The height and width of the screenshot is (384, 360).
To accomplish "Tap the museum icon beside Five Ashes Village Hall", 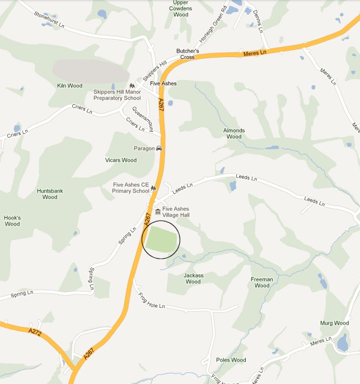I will tap(158, 212).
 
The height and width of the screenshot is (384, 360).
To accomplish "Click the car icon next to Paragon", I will tap(159, 148).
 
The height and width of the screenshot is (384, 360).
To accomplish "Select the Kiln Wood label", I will tap(69, 86).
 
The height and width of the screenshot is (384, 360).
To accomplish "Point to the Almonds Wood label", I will tap(234, 133).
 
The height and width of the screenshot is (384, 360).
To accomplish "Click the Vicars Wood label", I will tap(121, 160).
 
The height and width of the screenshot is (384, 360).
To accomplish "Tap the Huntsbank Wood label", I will tap(50, 194).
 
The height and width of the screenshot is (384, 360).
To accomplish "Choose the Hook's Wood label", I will tap(12, 221).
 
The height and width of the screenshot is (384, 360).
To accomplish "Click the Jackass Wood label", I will tap(193, 278).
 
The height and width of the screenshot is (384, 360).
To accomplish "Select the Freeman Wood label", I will tap(262, 282).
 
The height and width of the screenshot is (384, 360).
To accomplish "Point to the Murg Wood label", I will tap(334, 323).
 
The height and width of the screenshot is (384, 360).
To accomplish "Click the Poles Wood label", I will tap(231, 360).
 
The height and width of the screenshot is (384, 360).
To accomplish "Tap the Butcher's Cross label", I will tap(185, 54).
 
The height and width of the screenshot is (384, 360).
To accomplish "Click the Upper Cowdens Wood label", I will tap(180, 8).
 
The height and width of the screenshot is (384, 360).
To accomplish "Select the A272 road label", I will tap(35, 331).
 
